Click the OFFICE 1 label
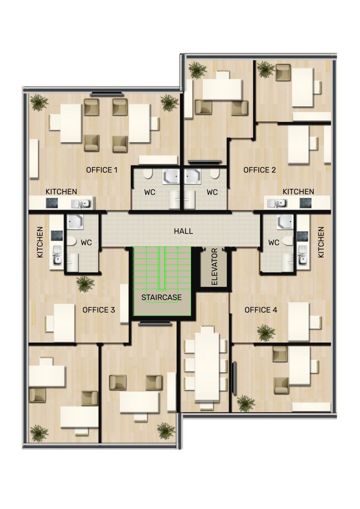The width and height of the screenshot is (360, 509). pyautogui.click(x=101, y=170)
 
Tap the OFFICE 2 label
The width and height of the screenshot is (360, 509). pyautogui.click(x=260, y=170)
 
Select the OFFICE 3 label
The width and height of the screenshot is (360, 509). pyautogui.click(x=98, y=310)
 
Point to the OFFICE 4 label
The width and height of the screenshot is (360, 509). pyautogui.click(x=261, y=310)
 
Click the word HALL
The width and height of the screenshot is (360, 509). pyautogui.click(x=183, y=231)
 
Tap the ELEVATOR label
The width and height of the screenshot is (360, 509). pyautogui.click(x=214, y=267)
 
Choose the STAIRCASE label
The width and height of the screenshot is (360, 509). pyautogui.click(x=161, y=297)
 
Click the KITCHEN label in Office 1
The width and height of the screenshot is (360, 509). pyautogui.click(x=61, y=191)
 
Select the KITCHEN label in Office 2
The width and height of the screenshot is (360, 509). pyautogui.click(x=298, y=191)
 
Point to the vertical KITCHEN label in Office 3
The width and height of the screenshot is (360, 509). pyautogui.click(x=40, y=242)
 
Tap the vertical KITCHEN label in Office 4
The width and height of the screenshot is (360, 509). pyautogui.click(x=321, y=242)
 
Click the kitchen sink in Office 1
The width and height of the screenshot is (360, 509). pyautogui.click(x=81, y=204)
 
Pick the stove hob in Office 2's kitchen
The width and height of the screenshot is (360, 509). pyautogui.click(x=305, y=203)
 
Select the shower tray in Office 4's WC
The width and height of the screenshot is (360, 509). pyautogui.click(x=285, y=222)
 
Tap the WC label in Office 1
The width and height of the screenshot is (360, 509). pyautogui.click(x=150, y=192)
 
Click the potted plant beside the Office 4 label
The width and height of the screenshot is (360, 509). pyautogui.click(x=266, y=333)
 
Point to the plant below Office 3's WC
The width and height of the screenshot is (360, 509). pyautogui.click(x=86, y=284)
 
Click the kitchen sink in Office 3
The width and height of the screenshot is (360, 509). pyautogui.click(x=58, y=255)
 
